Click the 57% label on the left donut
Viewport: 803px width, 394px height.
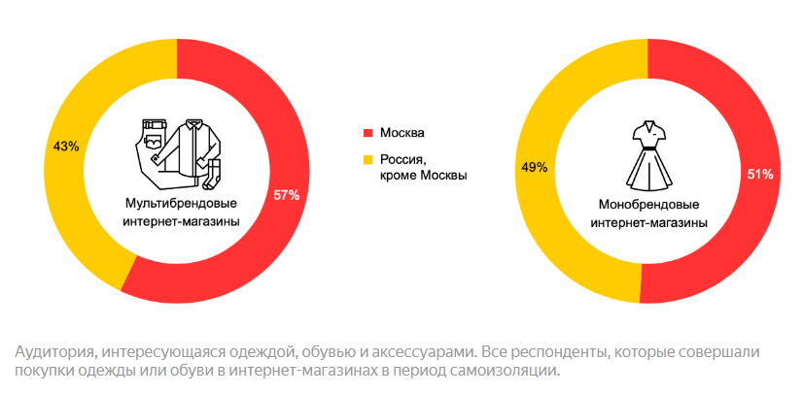tap(286, 195)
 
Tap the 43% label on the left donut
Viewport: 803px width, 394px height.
tap(66, 147)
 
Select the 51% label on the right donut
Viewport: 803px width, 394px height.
tap(760, 175)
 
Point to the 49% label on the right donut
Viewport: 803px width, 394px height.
tap(535, 167)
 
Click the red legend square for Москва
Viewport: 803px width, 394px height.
tap(367, 132)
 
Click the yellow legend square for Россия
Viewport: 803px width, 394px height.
tap(367, 158)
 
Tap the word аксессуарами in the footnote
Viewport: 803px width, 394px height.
tap(406, 350)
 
